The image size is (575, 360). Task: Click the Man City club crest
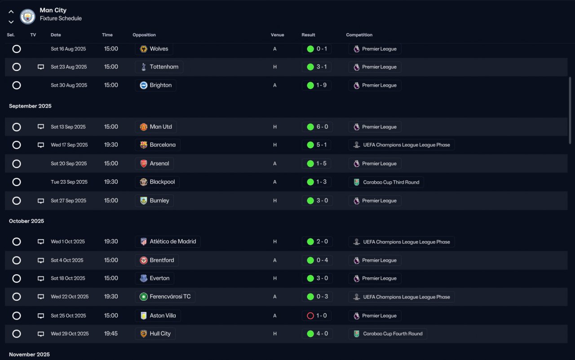(27, 17)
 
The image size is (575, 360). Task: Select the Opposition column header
(144, 35)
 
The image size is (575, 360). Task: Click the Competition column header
(359, 35)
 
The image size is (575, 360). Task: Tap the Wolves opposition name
(159, 49)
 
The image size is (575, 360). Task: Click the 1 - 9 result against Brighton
(321, 85)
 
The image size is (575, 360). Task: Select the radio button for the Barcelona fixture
(17, 145)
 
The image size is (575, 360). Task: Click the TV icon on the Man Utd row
(40, 127)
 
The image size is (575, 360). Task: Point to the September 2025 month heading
(30, 106)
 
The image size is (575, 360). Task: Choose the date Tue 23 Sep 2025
(69, 182)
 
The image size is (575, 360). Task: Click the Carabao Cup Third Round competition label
(391, 182)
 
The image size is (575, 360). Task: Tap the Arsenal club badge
(143, 163)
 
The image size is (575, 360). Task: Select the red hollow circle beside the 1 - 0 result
(310, 316)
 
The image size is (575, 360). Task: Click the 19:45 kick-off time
(111, 334)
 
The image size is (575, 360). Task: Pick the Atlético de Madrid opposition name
(173, 241)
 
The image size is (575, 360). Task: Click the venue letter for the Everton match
(274, 278)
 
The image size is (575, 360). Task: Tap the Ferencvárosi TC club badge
(143, 297)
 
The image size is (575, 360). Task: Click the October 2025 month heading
(27, 221)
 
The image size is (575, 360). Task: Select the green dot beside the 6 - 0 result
(310, 127)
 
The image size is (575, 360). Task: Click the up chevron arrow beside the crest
(11, 12)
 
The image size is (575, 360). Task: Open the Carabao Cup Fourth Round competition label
(393, 334)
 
